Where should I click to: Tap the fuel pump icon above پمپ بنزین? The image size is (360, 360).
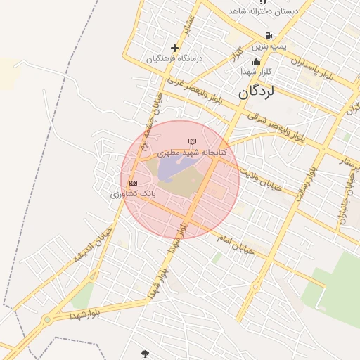pyautogui.click(x=269, y=35)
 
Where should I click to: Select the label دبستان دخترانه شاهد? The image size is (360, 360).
pyautogui.click(x=263, y=12)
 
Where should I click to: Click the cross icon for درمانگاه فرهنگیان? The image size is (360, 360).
pyautogui.click(x=174, y=48)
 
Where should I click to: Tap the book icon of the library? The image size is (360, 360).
pyautogui.click(x=192, y=142)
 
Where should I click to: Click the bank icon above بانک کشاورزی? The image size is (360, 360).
pyautogui.click(x=133, y=183)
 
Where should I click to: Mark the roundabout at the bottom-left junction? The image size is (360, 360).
pyautogui.click(x=47, y=320)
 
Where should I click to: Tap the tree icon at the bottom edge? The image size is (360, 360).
pyautogui.click(x=146, y=353)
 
